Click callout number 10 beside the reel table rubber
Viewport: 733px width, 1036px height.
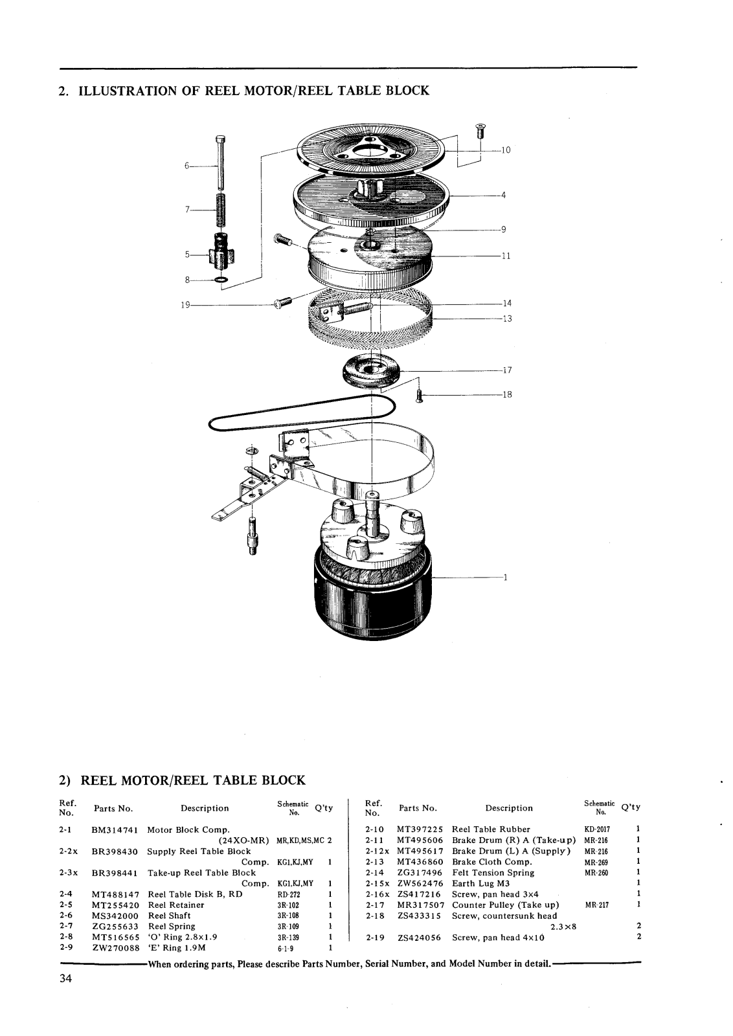pos(506,150)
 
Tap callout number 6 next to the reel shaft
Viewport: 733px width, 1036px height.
pos(187,166)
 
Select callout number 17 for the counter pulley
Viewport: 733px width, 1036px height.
pos(507,370)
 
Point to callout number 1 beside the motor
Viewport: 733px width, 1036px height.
pos(506,577)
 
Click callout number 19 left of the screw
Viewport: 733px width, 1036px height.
pos(185,305)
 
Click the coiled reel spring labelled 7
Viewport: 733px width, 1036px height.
pos(221,210)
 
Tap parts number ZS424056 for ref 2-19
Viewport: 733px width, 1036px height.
pos(420,938)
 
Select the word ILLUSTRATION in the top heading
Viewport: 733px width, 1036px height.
pos(127,91)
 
